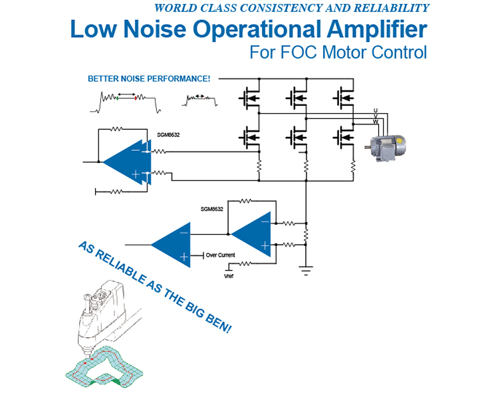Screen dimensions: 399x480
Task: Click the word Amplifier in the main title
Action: point(372,31)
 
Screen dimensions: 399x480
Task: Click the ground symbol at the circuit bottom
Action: point(306,269)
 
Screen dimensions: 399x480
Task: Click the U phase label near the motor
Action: point(376,110)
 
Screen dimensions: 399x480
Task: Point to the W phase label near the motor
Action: point(376,122)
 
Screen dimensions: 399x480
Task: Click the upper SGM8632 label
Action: point(168,134)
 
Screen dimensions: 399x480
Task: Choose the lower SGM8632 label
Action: point(211,209)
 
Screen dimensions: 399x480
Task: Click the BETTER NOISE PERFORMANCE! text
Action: point(149,78)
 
